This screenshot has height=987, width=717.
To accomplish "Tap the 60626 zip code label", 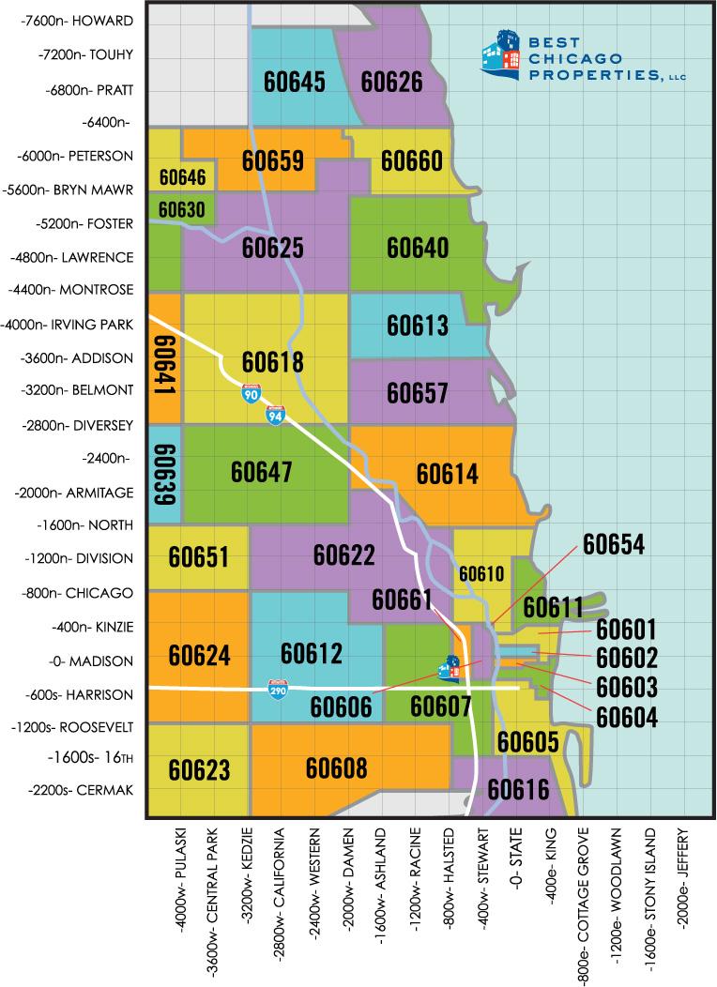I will pyautogui.click(x=391, y=83).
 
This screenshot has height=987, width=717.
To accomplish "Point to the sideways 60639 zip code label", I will pyautogui.click(x=165, y=474).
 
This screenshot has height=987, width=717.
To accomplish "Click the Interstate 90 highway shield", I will pyautogui.click(x=251, y=394).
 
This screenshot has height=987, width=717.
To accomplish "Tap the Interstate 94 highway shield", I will pyautogui.click(x=275, y=415).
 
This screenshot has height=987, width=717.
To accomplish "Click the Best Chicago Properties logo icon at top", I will pyautogui.click(x=500, y=55).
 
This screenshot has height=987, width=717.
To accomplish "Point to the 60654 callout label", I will pyautogui.click(x=614, y=545).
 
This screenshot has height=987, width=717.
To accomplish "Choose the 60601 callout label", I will pyautogui.click(x=626, y=630).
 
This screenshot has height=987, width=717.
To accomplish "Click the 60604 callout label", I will pyautogui.click(x=626, y=717).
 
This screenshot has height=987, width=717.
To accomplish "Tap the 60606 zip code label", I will pyautogui.click(x=342, y=705).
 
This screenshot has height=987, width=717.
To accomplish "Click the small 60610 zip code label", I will pyautogui.click(x=481, y=573).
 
